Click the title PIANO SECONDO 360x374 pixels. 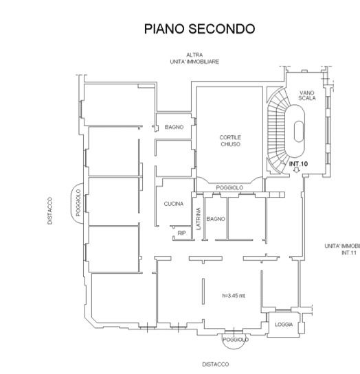pyautogui.click(x=199, y=29)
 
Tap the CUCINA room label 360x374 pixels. pyautogui.click(x=174, y=204)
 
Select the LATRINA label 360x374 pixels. pyautogui.click(x=199, y=219)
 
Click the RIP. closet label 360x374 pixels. pyautogui.click(x=182, y=233)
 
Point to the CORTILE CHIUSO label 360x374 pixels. pyautogui.click(x=230, y=141)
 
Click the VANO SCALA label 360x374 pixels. pyautogui.click(x=307, y=95)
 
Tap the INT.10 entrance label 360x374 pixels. pyautogui.click(x=298, y=164)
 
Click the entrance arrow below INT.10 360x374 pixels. pyautogui.click(x=297, y=170)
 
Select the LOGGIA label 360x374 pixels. pyautogui.click(x=284, y=325)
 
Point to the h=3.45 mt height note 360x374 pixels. pyautogui.click(x=234, y=296)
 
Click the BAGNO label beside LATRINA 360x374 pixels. pyautogui.click(x=216, y=219)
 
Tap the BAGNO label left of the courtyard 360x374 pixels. pyautogui.click(x=174, y=127)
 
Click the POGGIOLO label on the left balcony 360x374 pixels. pyautogui.click(x=78, y=202)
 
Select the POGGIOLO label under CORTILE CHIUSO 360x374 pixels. pyautogui.click(x=229, y=188)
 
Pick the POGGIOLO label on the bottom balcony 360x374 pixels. pyautogui.click(x=236, y=340)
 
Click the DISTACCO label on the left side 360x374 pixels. pyautogui.click(x=50, y=211)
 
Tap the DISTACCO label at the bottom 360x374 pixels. pyautogui.click(x=216, y=364)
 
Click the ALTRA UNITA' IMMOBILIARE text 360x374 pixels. pyautogui.click(x=194, y=58)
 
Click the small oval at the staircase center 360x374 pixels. pyautogui.click(x=299, y=132)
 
